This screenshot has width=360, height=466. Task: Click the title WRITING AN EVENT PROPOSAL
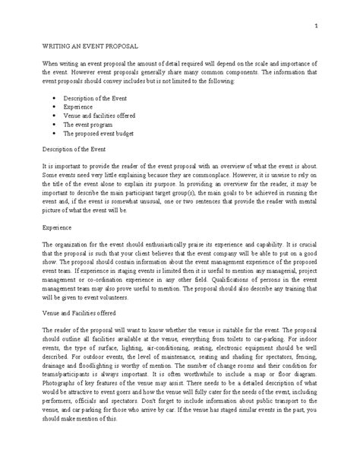pyautogui.click(x=90, y=46)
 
